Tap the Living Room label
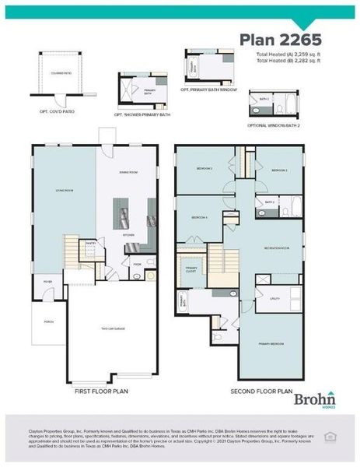(64, 188)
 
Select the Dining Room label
(128, 171)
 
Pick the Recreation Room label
(275, 247)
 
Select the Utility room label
(274, 297)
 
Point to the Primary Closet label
(191, 269)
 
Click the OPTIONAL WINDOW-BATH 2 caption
(274, 126)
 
